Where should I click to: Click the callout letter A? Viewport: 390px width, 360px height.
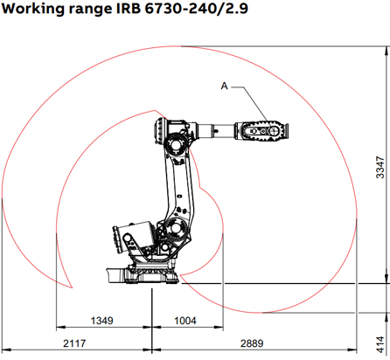click(x=224, y=86)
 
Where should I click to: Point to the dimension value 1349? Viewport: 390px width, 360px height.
click(x=104, y=322)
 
